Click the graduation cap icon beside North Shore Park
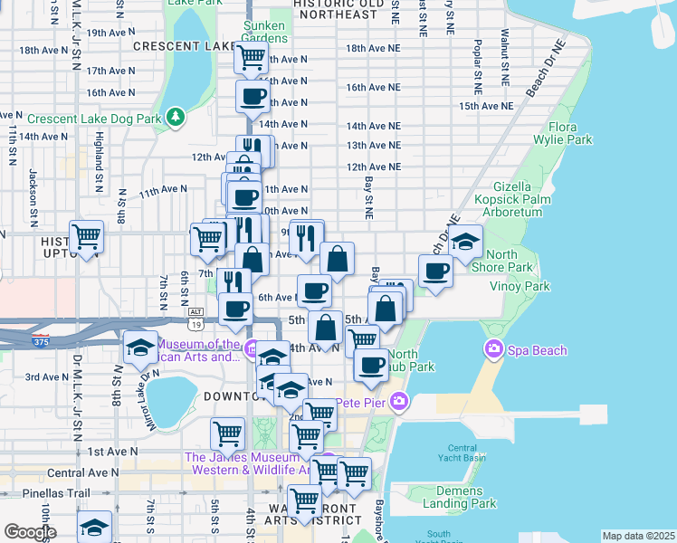click(465, 243)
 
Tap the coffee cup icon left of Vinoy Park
click(435, 271)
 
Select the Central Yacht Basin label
click(462, 454)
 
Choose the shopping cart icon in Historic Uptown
click(87, 238)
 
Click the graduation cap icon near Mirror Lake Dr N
click(140, 348)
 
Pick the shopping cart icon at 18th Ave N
click(251, 59)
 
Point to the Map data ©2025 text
click(638, 536)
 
